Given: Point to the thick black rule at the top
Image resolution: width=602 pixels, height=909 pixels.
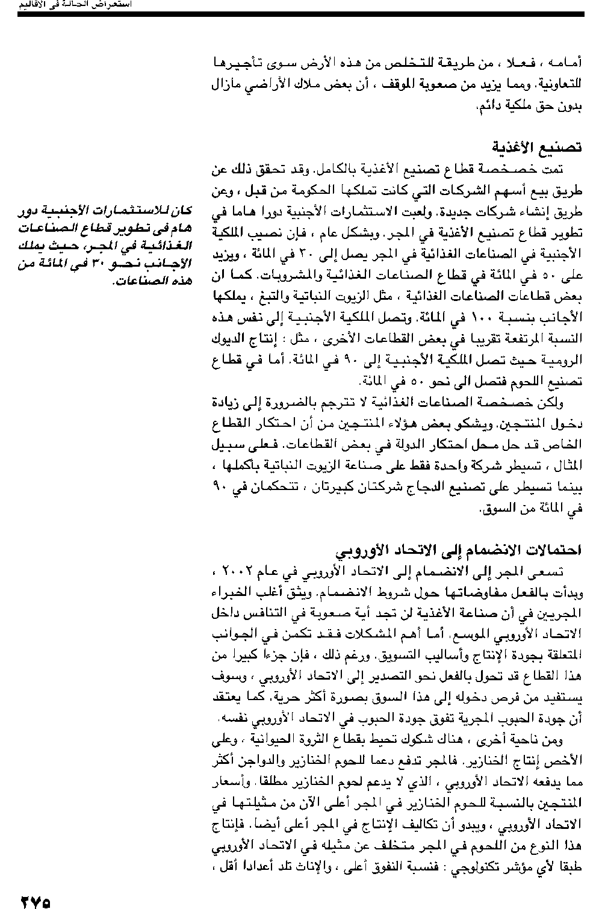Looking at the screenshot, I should pos(301,13).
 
